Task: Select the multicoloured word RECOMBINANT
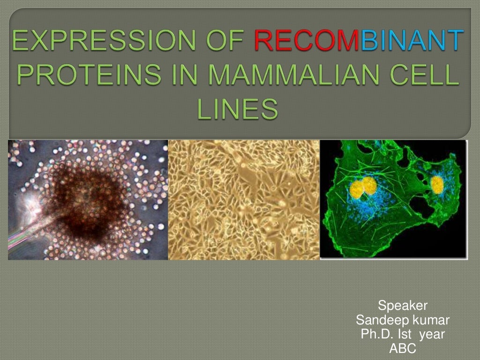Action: point(359,42)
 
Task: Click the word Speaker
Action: point(403,306)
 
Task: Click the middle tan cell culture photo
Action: point(244,200)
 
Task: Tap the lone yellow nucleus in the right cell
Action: point(437,185)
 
